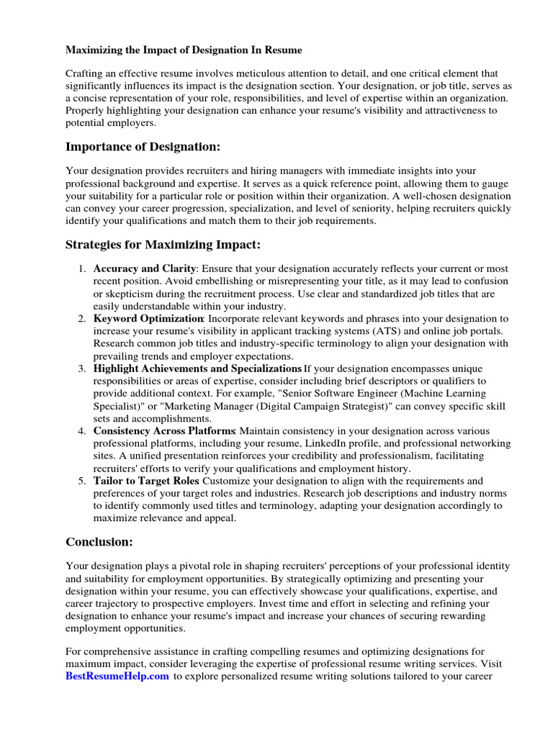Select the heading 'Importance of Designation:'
pyautogui.click(x=143, y=147)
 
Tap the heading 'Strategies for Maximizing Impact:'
pyautogui.click(x=163, y=245)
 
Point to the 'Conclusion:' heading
pyautogui.click(x=99, y=541)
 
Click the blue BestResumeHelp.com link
pyautogui.click(x=117, y=677)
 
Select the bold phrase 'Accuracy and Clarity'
pyautogui.click(x=145, y=268)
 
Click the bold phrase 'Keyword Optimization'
pyautogui.click(x=148, y=318)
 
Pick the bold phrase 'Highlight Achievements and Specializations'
pyautogui.click(x=197, y=368)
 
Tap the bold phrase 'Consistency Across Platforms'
pyautogui.click(x=165, y=430)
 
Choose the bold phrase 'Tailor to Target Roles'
pyautogui.click(x=146, y=480)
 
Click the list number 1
pyautogui.click(x=81, y=268)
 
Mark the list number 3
pyautogui.click(x=81, y=368)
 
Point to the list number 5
pyautogui.click(x=81, y=480)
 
